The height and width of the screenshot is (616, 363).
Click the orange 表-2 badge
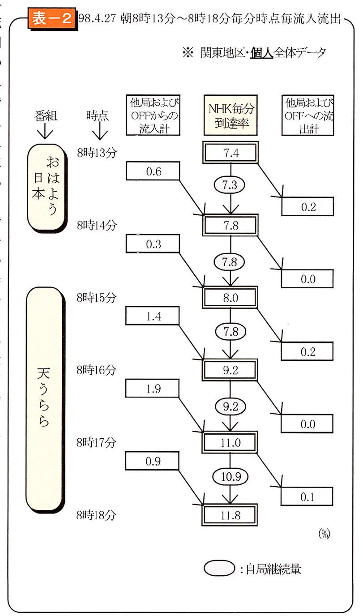pyautogui.click(x=51, y=19)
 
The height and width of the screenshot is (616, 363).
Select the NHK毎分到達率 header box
pyautogui.click(x=231, y=115)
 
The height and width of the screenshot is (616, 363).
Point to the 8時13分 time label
pyautogui.click(x=96, y=152)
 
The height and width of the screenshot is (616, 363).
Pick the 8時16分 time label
pyautogui.click(x=96, y=370)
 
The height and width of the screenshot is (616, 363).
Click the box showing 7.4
pyautogui.click(x=231, y=154)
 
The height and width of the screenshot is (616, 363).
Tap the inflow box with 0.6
pyautogui.click(x=153, y=171)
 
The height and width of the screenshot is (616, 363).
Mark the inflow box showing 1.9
pyautogui.click(x=153, y=389)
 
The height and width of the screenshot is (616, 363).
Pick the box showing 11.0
pyautogui.click(x=231, y=443)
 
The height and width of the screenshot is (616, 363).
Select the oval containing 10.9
pyautogui.click(x=231, y=477)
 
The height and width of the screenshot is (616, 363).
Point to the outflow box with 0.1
pyautogui.click(x=307, y=496)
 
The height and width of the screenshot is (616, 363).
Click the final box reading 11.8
pyautogui.click(x=231, y=515)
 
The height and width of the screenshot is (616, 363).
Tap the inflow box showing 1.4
pyautogui.click(x=153, y=316)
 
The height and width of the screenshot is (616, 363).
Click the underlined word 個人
pyautogui.click(x=261, y=53)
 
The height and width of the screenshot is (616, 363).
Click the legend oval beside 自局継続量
pyautogui.click(x=219, y=569)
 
